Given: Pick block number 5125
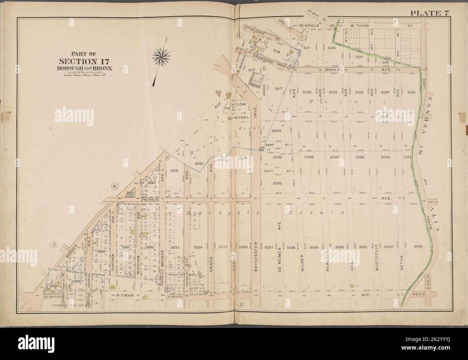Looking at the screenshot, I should (x=411, y=93).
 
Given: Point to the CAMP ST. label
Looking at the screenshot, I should (x=275, y=145).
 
